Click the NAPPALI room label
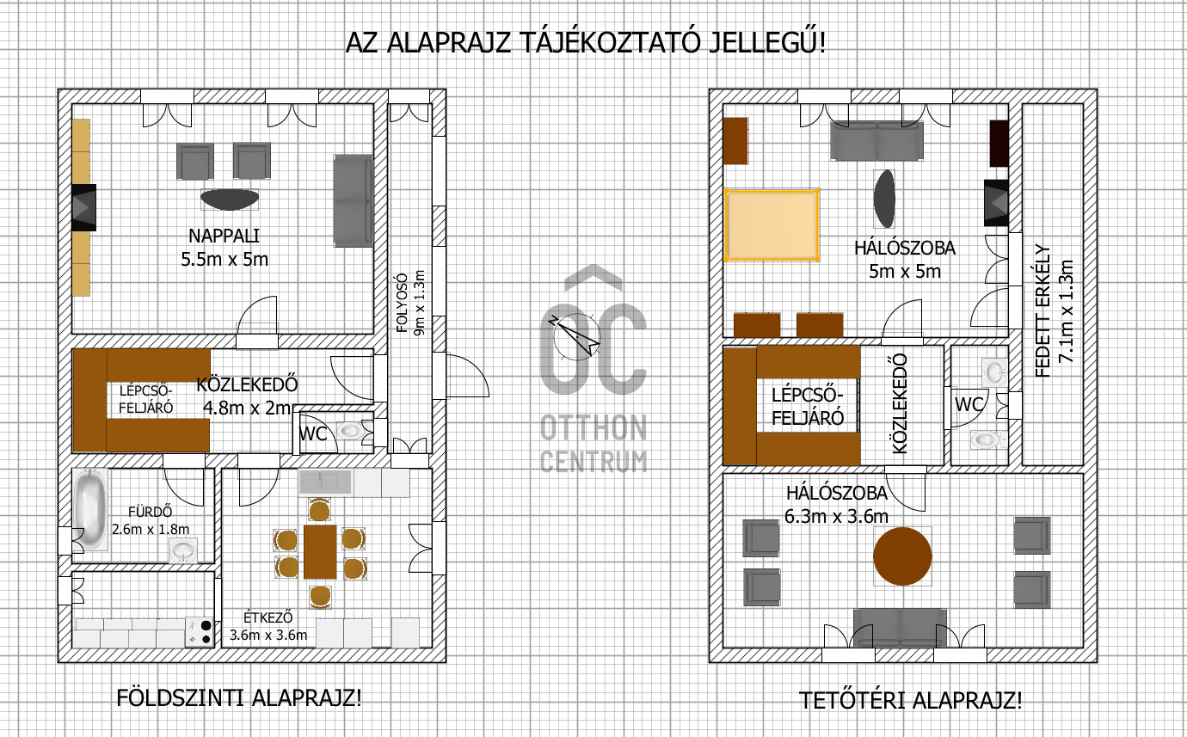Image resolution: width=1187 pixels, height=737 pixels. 224,236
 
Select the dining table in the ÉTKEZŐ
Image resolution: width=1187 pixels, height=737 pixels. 320,551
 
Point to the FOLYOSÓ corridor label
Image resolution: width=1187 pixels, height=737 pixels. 403,303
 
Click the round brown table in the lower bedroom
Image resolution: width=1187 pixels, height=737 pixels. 902,556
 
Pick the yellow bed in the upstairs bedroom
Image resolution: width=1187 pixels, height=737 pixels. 772,224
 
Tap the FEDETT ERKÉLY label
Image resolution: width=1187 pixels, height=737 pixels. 1042,310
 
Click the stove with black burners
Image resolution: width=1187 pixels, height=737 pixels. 200,632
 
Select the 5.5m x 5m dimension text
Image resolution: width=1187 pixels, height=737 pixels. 224,260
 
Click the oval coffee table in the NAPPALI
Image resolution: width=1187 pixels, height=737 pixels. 230,200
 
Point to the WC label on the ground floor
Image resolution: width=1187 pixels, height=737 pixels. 312,434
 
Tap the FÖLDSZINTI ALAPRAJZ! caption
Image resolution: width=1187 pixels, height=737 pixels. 239,697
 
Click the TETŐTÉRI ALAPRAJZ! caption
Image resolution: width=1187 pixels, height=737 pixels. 910,700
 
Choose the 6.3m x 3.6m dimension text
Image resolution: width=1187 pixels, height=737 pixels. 836,516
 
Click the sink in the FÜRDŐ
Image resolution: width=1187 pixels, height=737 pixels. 183,550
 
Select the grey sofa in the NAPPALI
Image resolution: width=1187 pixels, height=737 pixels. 353,201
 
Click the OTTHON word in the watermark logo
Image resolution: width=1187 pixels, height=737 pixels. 593,427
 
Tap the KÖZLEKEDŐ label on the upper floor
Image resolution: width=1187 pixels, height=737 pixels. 900,403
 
